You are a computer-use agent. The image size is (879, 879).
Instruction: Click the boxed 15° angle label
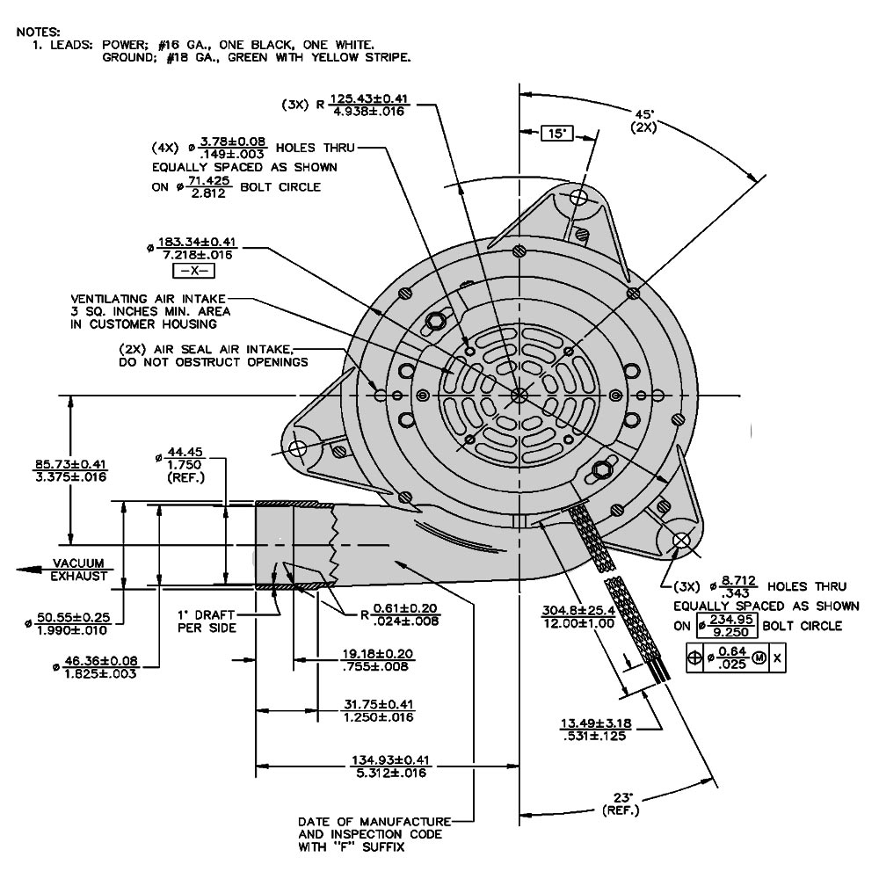tap(556, 134)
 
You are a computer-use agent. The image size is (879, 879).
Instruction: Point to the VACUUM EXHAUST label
tap(78, 570)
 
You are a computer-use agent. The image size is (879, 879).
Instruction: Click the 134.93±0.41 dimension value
tap(383, 766)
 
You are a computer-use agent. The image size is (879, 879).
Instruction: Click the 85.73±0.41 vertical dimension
tap(70, 470)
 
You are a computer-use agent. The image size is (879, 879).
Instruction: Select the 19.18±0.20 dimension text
tap(378, 660)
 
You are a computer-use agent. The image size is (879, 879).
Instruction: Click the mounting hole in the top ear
tap(579, 197)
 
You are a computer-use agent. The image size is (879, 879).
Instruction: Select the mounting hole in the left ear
tap(297, 449)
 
